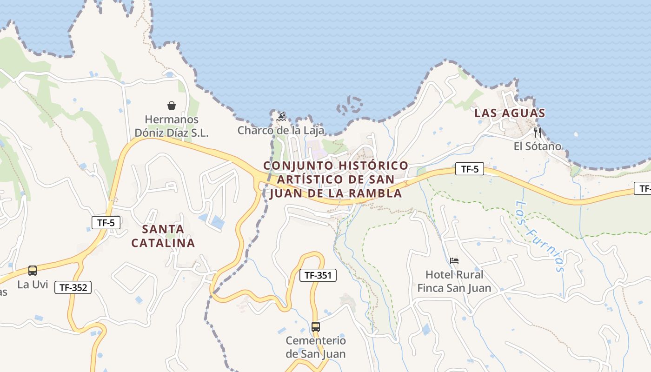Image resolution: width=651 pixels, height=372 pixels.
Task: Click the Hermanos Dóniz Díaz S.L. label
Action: click(x=172, y=126)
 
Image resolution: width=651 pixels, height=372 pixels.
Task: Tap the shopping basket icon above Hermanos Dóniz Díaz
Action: click(x=172, y=106)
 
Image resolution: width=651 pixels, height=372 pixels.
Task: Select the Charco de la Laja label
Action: click(x=281, y=130)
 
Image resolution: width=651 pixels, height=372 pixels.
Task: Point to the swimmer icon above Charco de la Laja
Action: click(x=281, y=116)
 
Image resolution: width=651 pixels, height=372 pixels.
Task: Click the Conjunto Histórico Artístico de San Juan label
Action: click(x=336, y=179)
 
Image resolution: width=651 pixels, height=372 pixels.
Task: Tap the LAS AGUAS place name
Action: click(x=510, y=113)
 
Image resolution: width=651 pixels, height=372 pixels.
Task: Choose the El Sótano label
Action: click(x=537, y=146)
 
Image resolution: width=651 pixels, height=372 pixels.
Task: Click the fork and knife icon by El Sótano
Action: click(x=538, y=132)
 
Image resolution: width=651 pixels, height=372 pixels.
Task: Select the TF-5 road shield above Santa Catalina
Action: click(x=106, y=223)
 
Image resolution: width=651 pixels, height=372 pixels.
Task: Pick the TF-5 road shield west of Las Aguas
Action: click(x=470, y=169)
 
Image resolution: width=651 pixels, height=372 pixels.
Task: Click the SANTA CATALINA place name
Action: click(x=163, y=236)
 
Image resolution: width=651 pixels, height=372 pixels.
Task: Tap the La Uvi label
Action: click(x=33, y=284)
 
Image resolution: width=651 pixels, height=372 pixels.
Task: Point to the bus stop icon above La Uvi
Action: click(x=33, y=270)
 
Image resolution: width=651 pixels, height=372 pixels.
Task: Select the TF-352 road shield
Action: click(x=73, y=287)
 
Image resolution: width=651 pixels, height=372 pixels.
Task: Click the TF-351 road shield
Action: click(x=318, y=275)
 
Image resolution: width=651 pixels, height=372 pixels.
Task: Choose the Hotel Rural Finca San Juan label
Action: click(x=454, y=281)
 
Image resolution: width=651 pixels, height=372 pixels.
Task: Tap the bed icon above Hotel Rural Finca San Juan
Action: click(x=454, y=260)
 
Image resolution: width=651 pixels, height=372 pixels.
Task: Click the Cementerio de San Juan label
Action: click(x=316, y=347)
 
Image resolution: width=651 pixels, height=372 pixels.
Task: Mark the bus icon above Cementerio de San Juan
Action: click(x=316, y=326)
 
